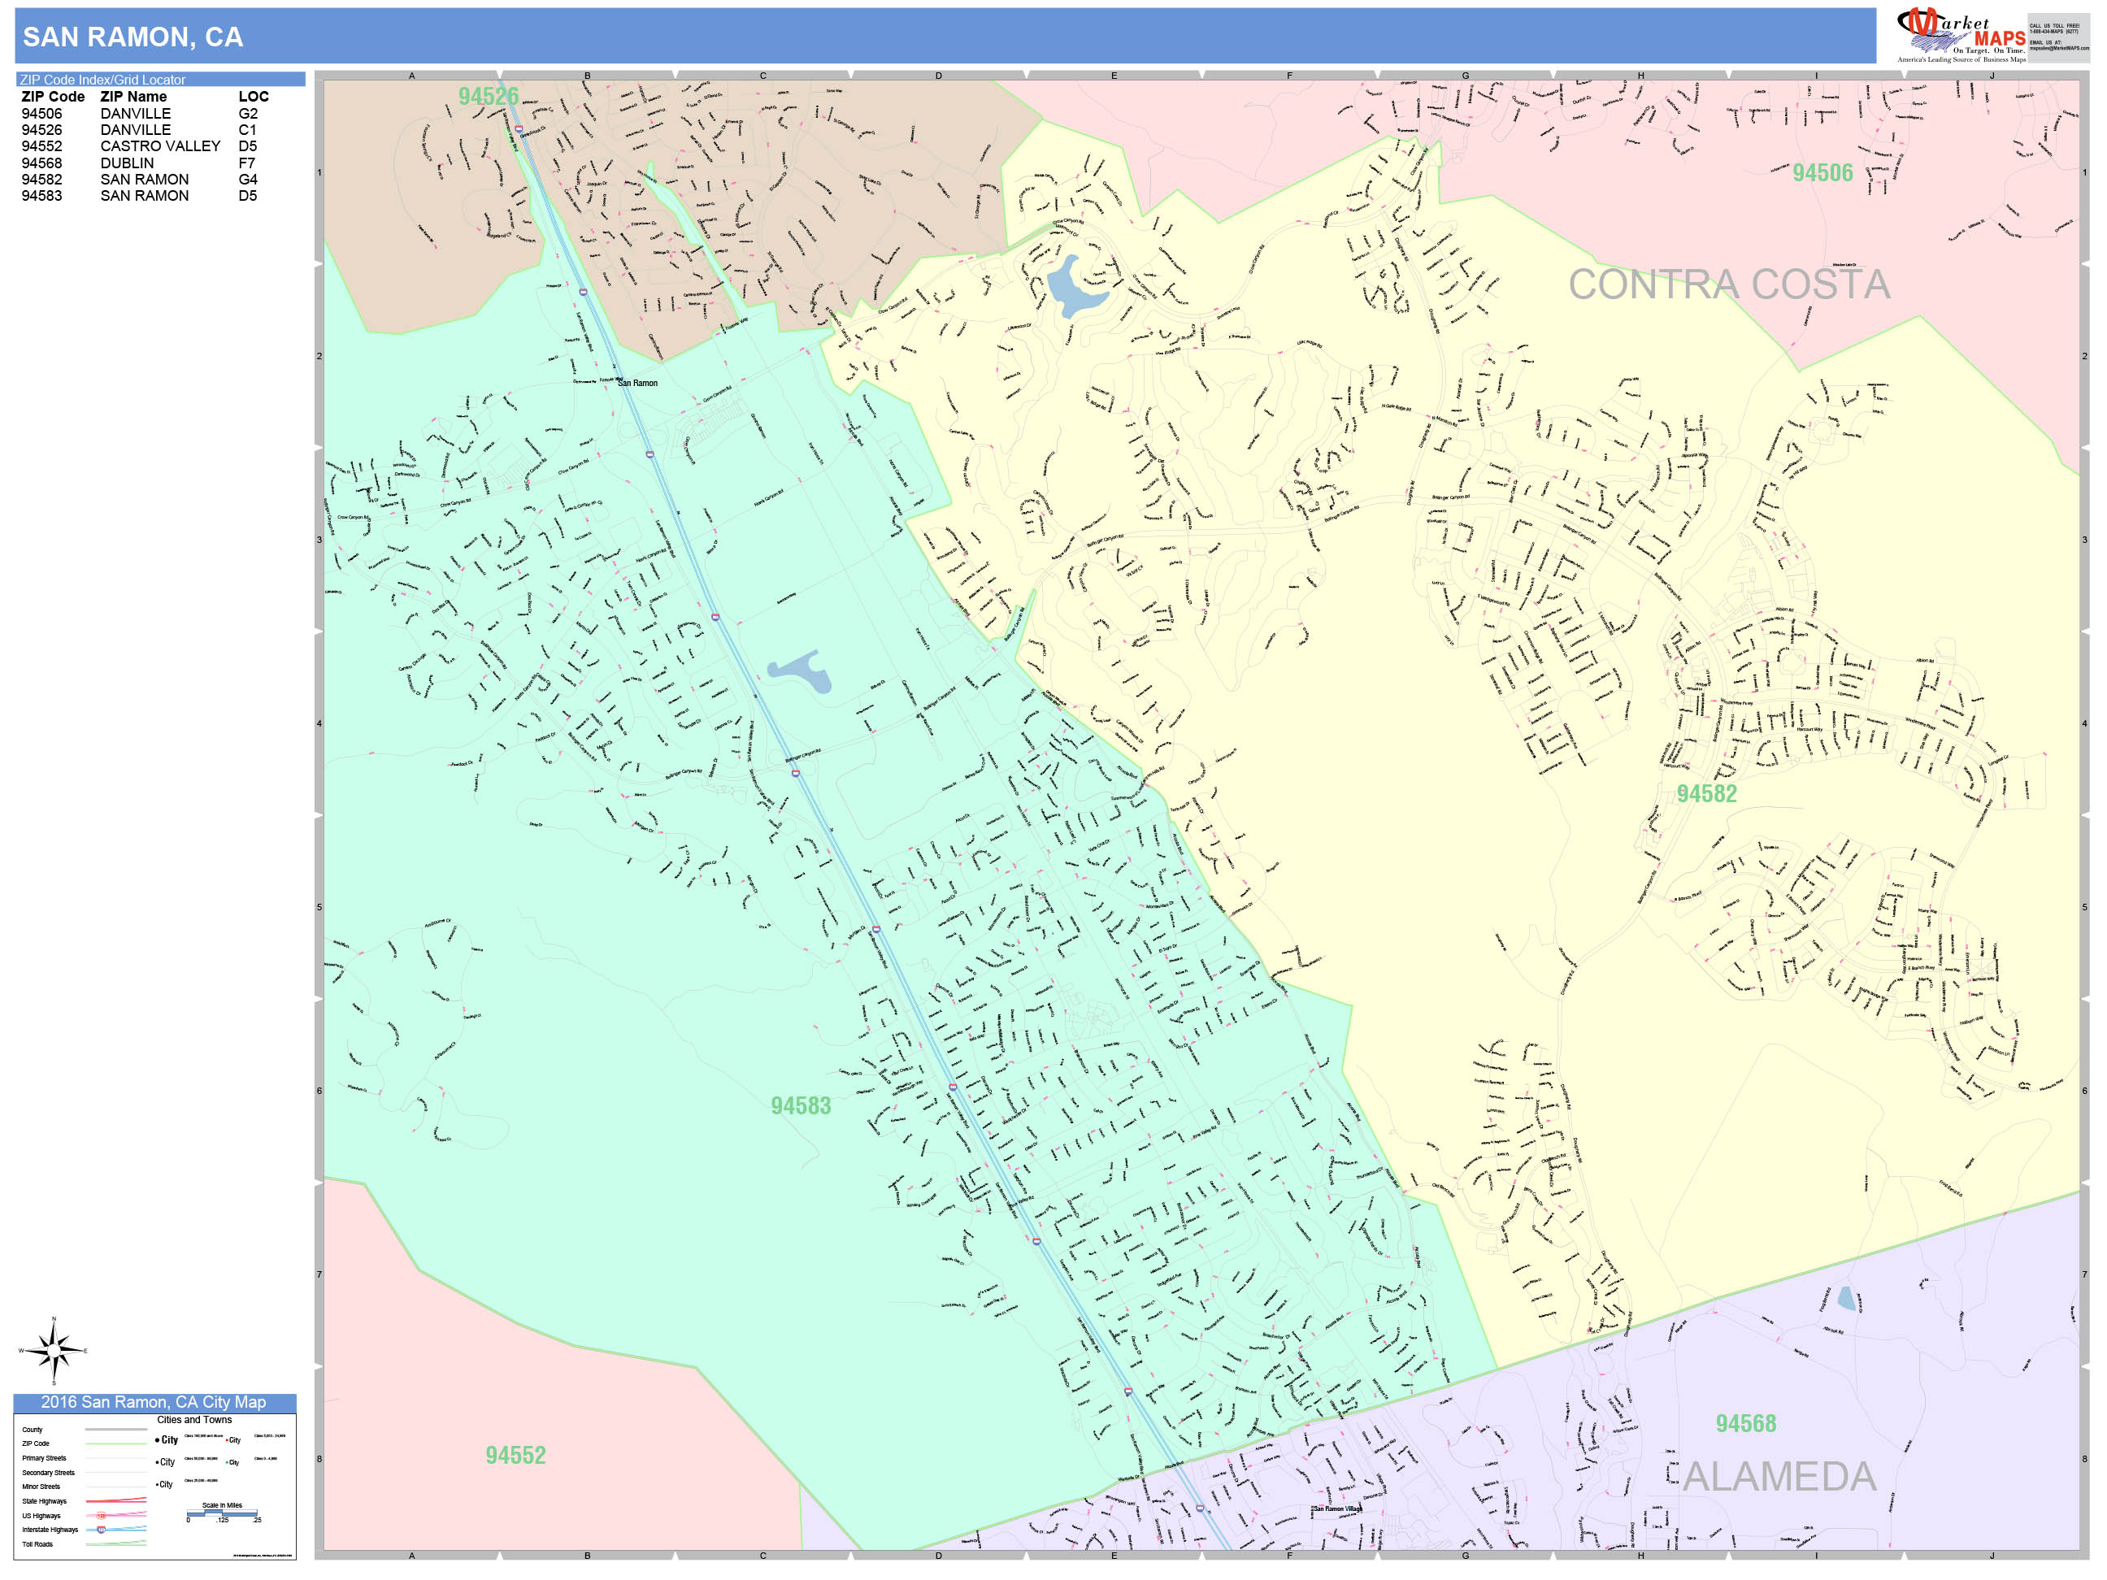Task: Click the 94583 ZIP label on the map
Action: [800, 1105]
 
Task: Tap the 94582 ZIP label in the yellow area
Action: [1706, 794]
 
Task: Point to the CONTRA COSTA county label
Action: [1728, 284]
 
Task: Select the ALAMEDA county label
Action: [1779, 1477]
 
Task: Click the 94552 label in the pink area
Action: [515, 1455]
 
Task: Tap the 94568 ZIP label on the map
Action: [1745, 1424]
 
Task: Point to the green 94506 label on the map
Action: [1822, 173]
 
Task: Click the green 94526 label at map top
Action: [488, 96]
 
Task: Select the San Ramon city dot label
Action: [636, 383]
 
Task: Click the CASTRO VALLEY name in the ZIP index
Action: [160, 145]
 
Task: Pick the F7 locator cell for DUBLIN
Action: [246, 163]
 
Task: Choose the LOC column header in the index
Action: [254, 96]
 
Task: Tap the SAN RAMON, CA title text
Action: [133, 37]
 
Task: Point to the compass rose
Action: [54, 1351]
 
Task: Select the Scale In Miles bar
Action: [222, 1513]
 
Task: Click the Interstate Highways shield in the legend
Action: [101, 1530]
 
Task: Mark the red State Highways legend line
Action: [116, 1501]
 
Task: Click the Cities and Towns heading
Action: [194, 1420]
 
